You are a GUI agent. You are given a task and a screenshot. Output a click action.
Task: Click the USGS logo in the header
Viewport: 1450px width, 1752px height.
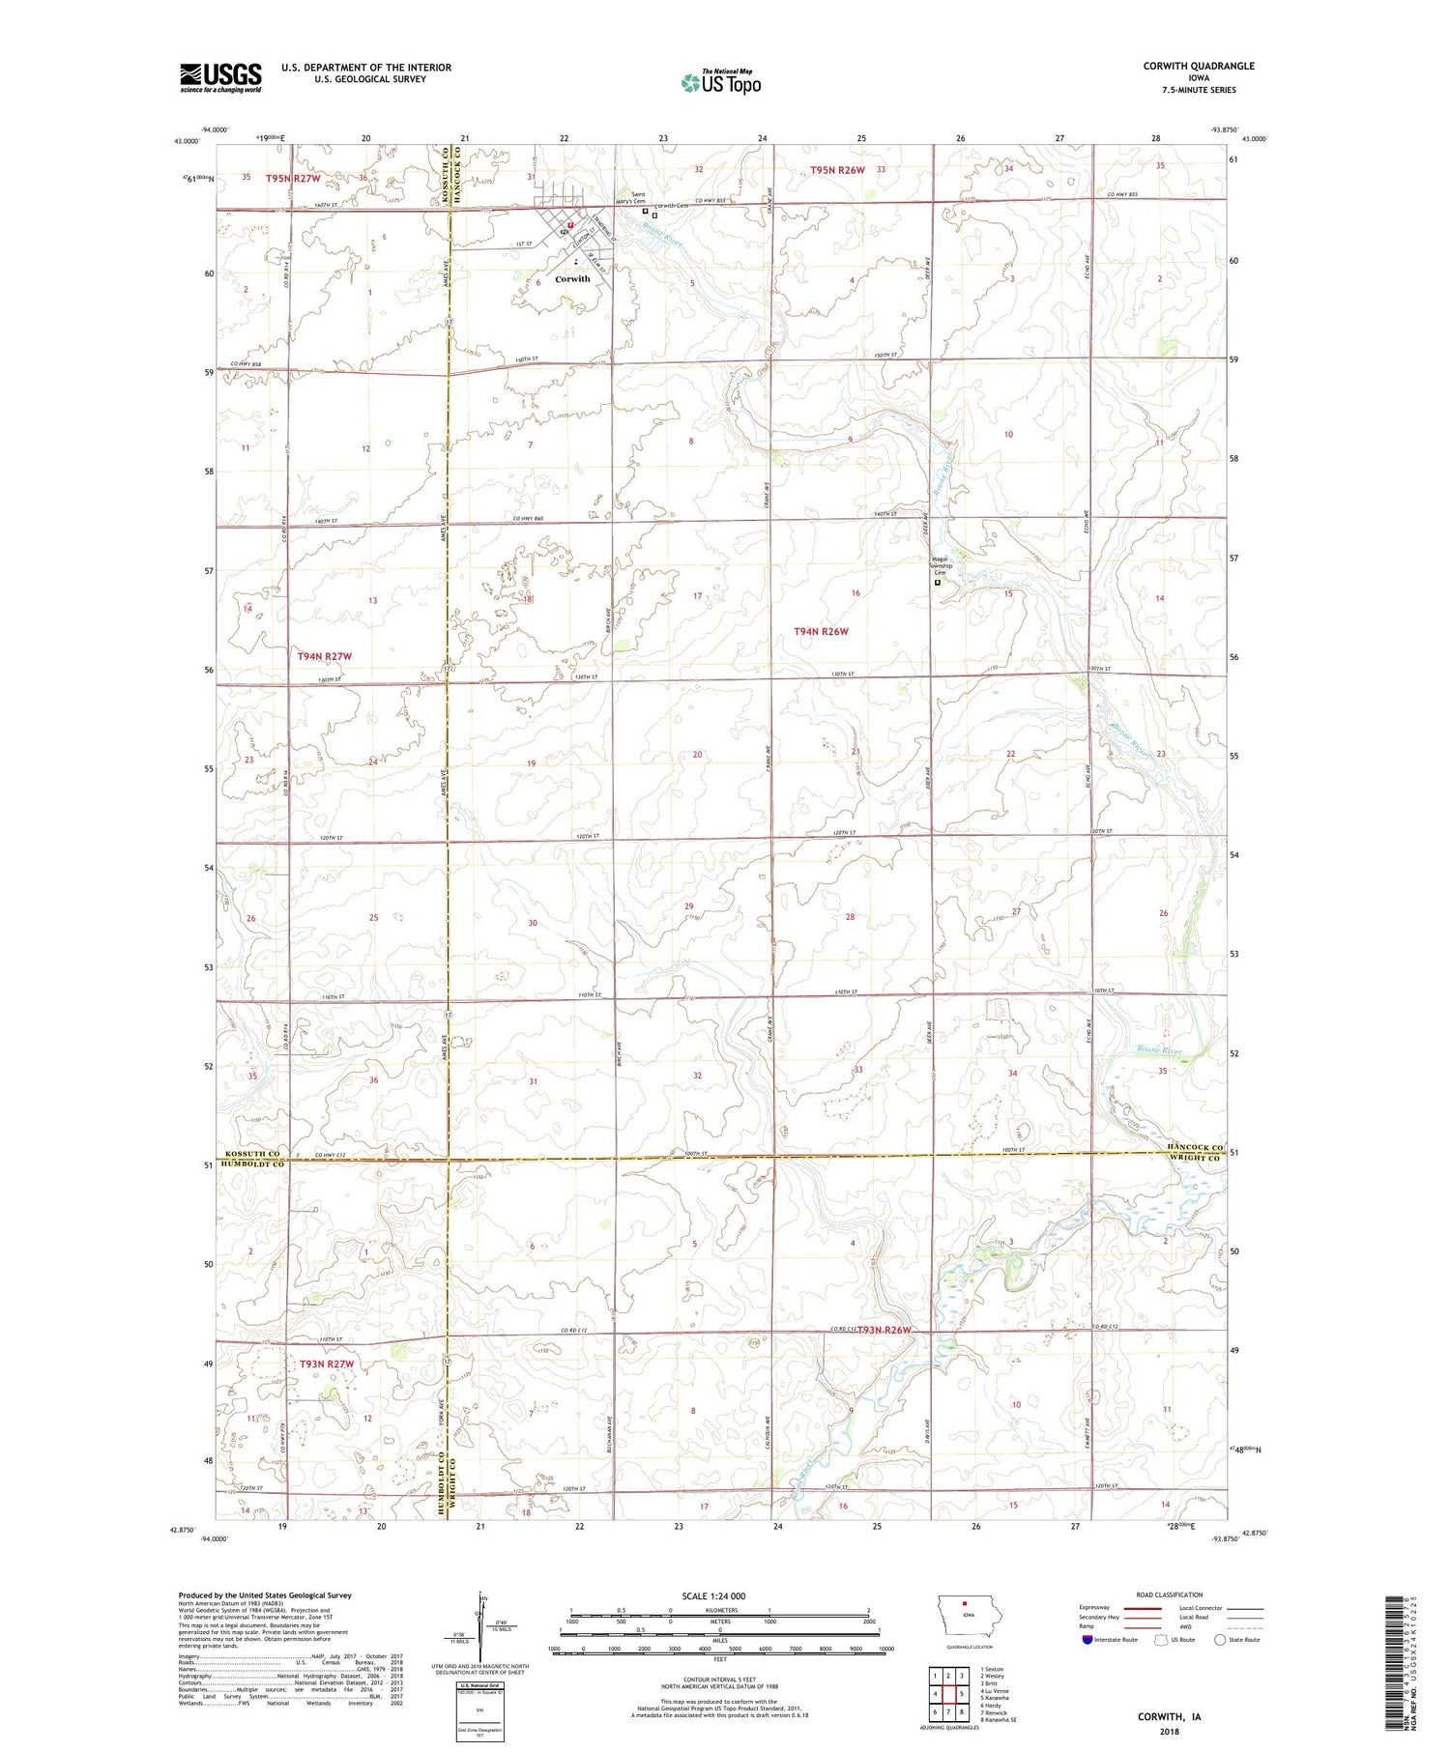coord(220,77)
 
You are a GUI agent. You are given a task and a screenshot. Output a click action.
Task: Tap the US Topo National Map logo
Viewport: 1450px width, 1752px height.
coord(720,82)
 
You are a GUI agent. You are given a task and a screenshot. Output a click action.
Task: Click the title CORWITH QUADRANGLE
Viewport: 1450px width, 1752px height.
coord(1199,66)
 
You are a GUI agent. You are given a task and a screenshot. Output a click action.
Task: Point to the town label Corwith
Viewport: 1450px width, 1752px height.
coord(572,279)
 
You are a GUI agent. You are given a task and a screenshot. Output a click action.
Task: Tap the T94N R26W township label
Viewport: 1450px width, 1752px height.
coord(821,631)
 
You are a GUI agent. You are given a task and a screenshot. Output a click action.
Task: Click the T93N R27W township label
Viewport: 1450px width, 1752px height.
coord(327,1364)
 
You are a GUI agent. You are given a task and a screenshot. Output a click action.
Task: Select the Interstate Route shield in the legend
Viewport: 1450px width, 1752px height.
coord(1087,1640)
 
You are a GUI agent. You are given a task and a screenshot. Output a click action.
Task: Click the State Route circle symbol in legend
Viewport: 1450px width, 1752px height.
coord(1220,1640)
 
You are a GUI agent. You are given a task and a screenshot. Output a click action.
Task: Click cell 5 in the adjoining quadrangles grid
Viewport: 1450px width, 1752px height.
coord(963,1693)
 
